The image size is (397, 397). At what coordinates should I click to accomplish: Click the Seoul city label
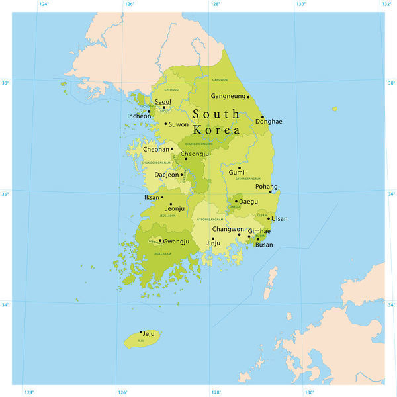[163, 102]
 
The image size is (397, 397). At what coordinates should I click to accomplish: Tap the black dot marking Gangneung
[248, 97]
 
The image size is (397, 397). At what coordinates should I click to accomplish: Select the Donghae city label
[269, 122]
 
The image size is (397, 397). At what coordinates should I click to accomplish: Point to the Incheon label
[139, 116]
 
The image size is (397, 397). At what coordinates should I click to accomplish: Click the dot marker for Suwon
[165, 124]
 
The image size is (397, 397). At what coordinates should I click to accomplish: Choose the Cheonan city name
[156, 150]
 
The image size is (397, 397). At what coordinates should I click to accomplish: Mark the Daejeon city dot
[182, 175]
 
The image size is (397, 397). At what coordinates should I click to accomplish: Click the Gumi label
[236, 172]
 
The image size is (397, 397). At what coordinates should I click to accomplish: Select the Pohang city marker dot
[270, 192]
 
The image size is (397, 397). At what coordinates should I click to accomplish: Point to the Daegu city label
[248, 201]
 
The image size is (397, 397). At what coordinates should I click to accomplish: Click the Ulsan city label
[279, 218]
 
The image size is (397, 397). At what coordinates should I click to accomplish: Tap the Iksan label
[152, 197]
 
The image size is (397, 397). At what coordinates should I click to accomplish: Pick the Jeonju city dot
[171, 204]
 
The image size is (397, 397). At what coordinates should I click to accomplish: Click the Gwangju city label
[176, 242]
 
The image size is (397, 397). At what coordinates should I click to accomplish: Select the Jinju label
[214, 243]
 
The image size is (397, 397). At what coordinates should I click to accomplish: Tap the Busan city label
[264, 245]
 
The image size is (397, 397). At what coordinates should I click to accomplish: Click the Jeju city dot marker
[141, 332]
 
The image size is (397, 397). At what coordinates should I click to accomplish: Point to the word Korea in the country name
[216, 130]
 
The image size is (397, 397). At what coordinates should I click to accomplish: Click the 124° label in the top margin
[44, 5]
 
